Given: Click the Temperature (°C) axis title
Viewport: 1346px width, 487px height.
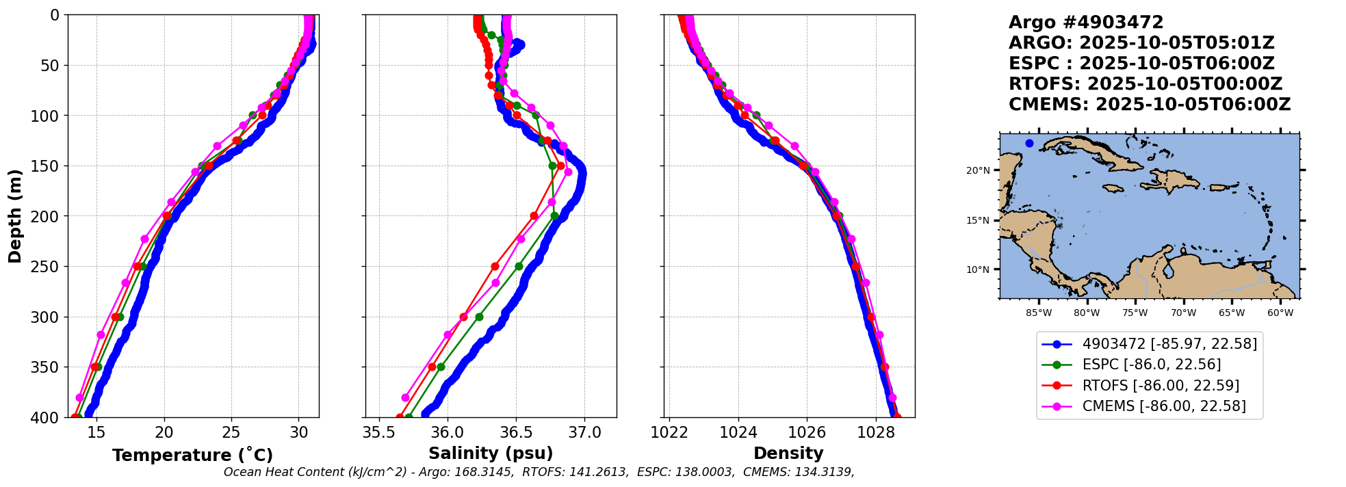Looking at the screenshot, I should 192,455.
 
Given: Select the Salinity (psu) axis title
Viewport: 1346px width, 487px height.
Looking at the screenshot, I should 491,453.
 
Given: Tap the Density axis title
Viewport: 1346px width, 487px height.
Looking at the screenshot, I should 788,453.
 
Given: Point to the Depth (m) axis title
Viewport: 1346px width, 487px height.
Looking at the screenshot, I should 15,216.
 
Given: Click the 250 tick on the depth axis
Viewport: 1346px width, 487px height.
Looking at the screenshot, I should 49,267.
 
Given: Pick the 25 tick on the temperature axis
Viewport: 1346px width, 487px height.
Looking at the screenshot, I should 231,432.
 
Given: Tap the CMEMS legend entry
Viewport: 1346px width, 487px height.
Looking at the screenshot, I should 1163,406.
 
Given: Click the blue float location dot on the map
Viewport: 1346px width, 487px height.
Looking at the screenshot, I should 1029,143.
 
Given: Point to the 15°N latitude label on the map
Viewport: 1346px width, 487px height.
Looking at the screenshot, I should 978,221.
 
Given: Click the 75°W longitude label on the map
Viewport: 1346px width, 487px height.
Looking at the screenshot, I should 1135,313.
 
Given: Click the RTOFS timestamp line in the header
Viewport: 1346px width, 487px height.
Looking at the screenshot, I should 1146,84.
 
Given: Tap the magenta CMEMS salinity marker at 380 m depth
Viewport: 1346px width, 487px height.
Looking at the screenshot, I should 405,397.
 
